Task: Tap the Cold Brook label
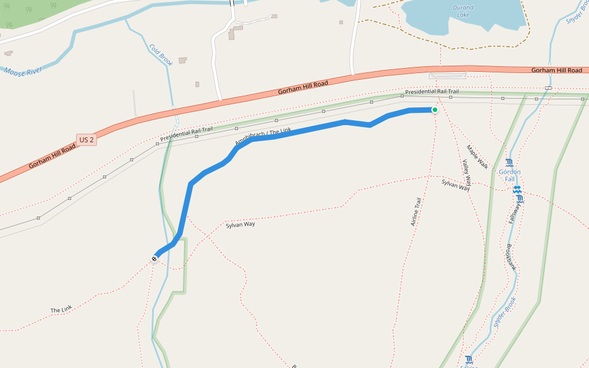click(161, 54)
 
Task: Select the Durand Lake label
click(463, 10)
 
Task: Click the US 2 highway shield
click(87, 140)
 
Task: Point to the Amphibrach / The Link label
click(263, 137)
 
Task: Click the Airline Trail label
click(416, 212)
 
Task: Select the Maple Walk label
click(477, 157)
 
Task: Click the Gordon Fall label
click(509, 175)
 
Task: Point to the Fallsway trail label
click(514, 212)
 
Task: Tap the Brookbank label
click(510, 257)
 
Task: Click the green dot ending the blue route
click(435, 110)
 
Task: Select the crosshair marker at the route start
click(154, 259)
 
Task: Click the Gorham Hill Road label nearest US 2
click(53, 158)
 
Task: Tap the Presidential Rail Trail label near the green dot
click(431, 91)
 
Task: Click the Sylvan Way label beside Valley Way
click(455, 185)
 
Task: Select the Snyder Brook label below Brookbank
click(505, 313)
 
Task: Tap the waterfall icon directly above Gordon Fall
click(509, 163)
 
